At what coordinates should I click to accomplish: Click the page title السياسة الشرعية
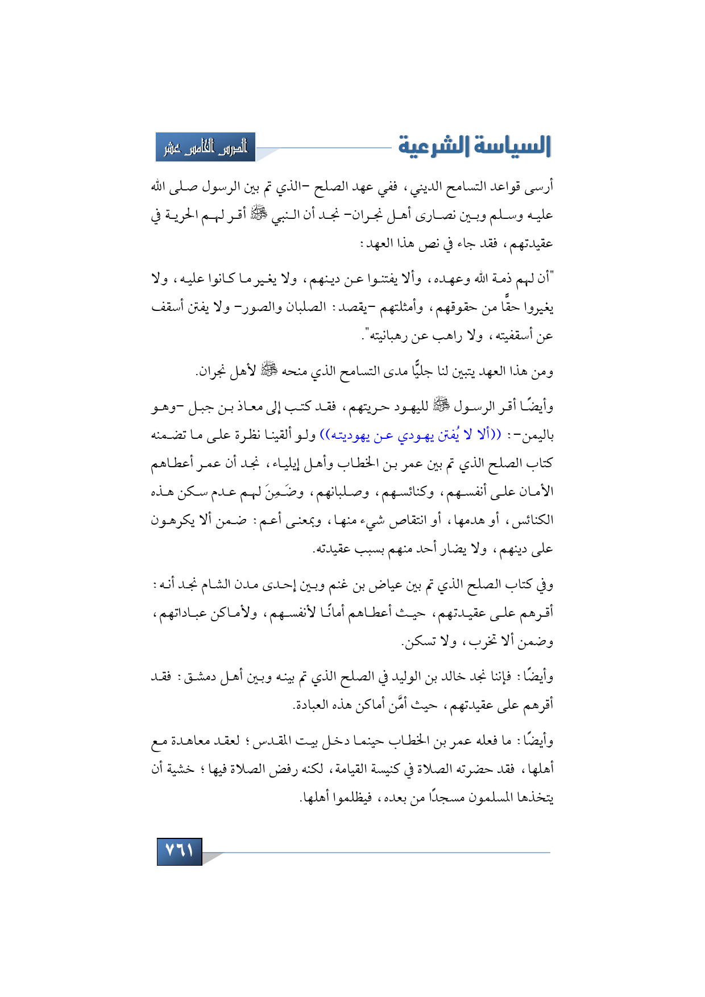[x=474, y=146]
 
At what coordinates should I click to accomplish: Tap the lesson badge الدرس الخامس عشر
[x=205, y=147]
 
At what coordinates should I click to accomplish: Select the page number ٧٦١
[x=179, y=851]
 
